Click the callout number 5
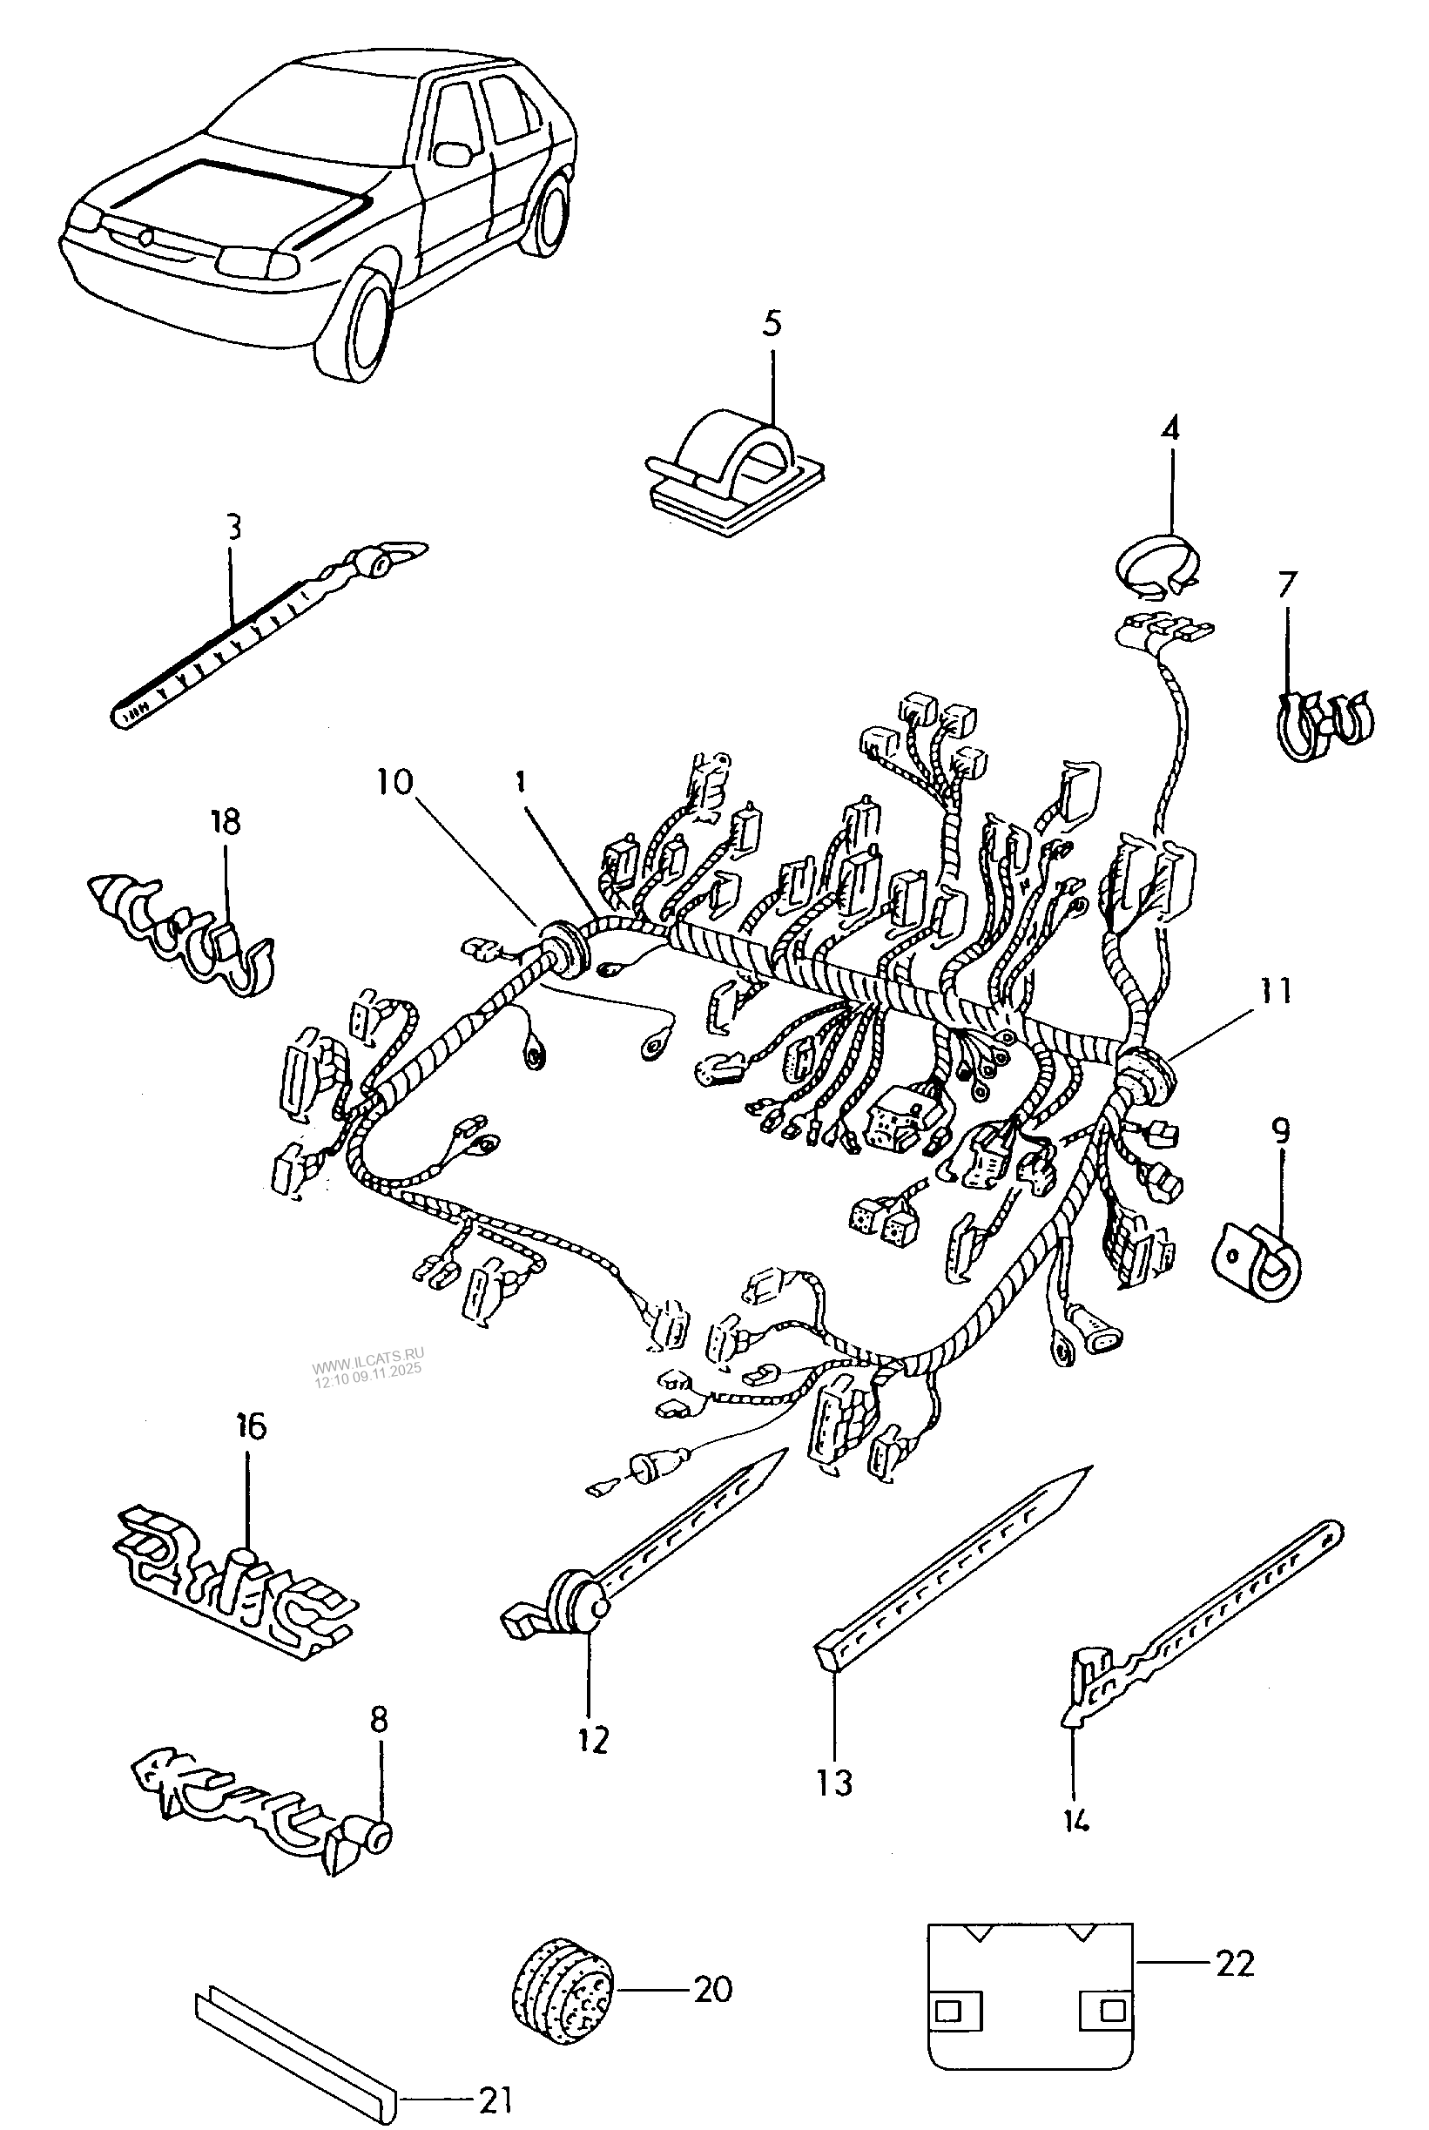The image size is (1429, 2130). pos(772,324)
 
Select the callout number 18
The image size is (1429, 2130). pos(225,822)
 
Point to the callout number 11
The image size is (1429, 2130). pos(1276,991)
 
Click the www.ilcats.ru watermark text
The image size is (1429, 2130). pos(368,1368)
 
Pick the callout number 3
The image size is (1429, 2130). pos(233,526)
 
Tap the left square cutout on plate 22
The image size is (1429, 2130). pos(955,2010)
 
